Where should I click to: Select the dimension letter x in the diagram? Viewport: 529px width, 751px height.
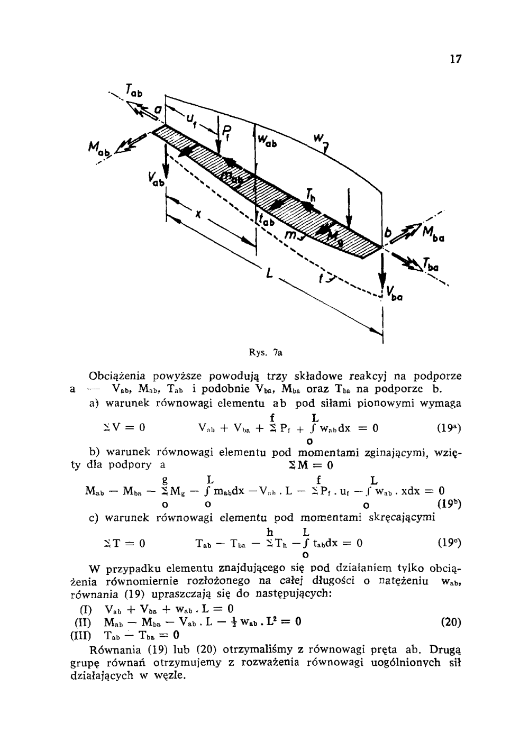click(198, 216)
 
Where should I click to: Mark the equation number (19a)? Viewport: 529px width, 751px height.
click(449, 429)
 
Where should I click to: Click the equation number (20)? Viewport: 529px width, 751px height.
click(450, 622)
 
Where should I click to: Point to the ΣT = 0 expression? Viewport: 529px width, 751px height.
click(124, 543)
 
